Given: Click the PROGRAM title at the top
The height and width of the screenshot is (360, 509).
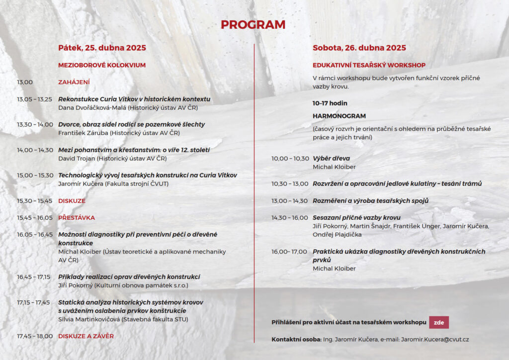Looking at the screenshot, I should coord(253,25).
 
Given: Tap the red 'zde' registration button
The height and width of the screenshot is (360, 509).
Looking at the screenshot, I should coord(438,322).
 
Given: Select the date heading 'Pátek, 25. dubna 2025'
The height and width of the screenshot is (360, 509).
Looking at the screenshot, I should coord(102,48).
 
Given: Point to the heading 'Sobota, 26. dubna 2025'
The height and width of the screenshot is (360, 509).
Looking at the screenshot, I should coord(359,48).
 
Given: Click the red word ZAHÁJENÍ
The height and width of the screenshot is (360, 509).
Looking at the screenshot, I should coord(74,82).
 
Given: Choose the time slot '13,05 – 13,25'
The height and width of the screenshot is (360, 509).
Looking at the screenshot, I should coord(34,99).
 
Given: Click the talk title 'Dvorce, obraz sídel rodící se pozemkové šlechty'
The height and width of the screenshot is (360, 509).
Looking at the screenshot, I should coord(131,124).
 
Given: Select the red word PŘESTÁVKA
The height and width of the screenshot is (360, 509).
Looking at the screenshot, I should coord(77,218).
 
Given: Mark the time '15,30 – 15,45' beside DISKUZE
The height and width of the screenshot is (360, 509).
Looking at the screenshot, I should coord(34,201).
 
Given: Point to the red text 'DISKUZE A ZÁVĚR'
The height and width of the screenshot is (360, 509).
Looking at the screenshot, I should coord(86,336).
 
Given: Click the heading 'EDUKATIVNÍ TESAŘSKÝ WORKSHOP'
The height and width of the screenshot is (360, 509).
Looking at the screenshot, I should coord(369,65).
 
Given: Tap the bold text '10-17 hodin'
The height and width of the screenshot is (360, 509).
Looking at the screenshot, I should coord(330,103).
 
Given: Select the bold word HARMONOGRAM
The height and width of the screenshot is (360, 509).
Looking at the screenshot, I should coord(339,116).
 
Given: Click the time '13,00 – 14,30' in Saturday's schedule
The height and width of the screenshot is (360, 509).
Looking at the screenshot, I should coord(289,201).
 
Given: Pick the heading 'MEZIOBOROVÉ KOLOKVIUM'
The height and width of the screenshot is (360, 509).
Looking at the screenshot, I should coord(102,65).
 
